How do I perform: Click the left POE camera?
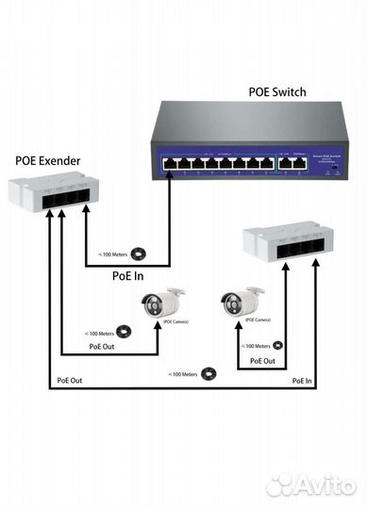tap(161, 303)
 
